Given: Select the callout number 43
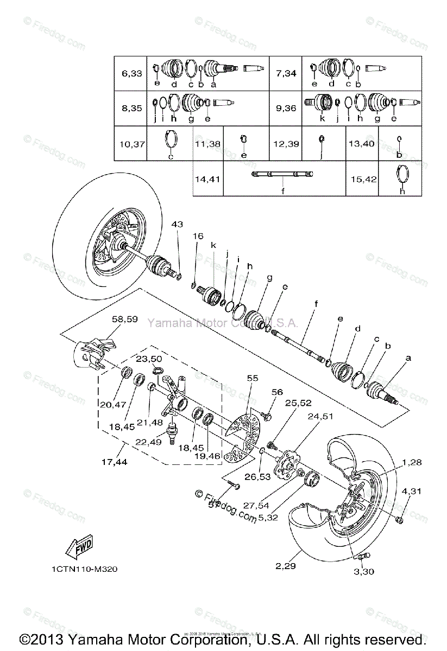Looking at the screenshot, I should pyautogui.click(x=178, y=224).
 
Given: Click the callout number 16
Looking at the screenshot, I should pyautogui.click(x=198, y=236).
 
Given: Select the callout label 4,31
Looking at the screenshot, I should pyautogui.click(x=412, y=492).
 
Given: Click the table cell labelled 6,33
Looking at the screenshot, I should pyautogui.click(x=132, y=73).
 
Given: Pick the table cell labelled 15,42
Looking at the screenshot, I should pyautogui.click(x=363, y=178).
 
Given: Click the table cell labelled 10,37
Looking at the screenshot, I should pyautogui.click(x=132, y=143).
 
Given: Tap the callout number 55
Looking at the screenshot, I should pyautogui.click(x=252, y=378).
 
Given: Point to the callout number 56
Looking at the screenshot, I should pyautogui.click(x=277, y=392).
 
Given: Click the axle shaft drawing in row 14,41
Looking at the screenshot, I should pyautogui.click(x=282, y=174).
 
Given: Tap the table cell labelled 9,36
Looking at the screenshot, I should pyautogui.click(x=286, y=108).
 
